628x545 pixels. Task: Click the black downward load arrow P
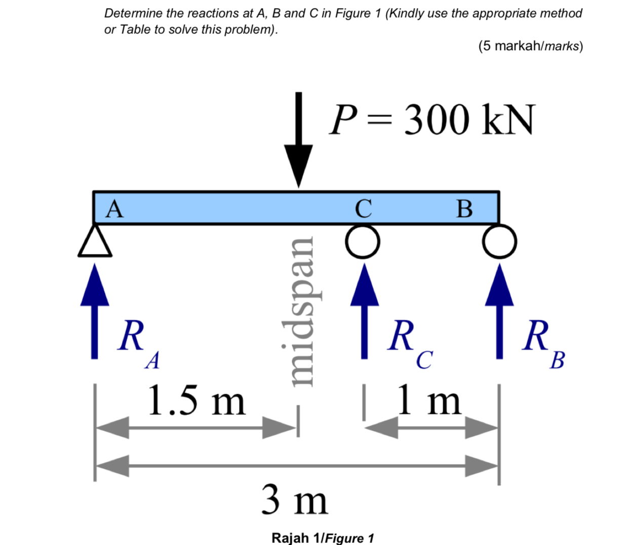coord(298,142)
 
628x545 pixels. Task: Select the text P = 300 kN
coord(431,120)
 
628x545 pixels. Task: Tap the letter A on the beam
coord(114,208)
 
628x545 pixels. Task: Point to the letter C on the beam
coord(363,208)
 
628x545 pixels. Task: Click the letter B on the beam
coord(464,208)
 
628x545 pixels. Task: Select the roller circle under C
coord(363,242)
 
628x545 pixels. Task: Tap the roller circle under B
coord(499,242)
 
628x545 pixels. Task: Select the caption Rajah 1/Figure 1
coord(323,537)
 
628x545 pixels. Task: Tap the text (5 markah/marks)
coord(530,46)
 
